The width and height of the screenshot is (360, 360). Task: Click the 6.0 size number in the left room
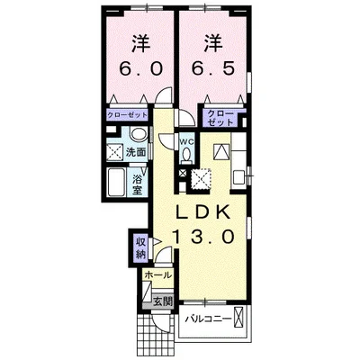coord(141,69)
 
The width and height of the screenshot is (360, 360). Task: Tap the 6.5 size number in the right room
coord(213,69)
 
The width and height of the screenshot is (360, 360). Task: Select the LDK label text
coord(203,212)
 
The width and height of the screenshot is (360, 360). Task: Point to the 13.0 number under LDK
coord(203,237)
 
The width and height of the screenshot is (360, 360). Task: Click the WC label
coord(187,141)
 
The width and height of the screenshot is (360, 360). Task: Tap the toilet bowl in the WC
coord(187,156)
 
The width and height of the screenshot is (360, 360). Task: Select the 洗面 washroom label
coord(136,152)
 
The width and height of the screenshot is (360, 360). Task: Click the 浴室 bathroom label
coord(138,184)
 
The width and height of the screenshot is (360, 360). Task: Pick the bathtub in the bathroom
coord(117,183)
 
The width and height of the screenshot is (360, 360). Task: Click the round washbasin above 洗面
coord(139,134)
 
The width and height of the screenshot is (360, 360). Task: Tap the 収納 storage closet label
coord(140,248)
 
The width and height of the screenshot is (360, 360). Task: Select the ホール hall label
coord(158,274)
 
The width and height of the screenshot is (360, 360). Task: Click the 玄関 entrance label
coord(163,301)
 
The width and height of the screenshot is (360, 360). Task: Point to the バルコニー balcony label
coord(208,319)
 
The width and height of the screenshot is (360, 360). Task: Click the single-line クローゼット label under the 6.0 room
coord(128,115)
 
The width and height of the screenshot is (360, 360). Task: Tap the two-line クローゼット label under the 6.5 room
coord(220,118)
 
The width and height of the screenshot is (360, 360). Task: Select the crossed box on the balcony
coord(239,318)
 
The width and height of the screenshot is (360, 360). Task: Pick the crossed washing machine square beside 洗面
coord(115,152)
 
